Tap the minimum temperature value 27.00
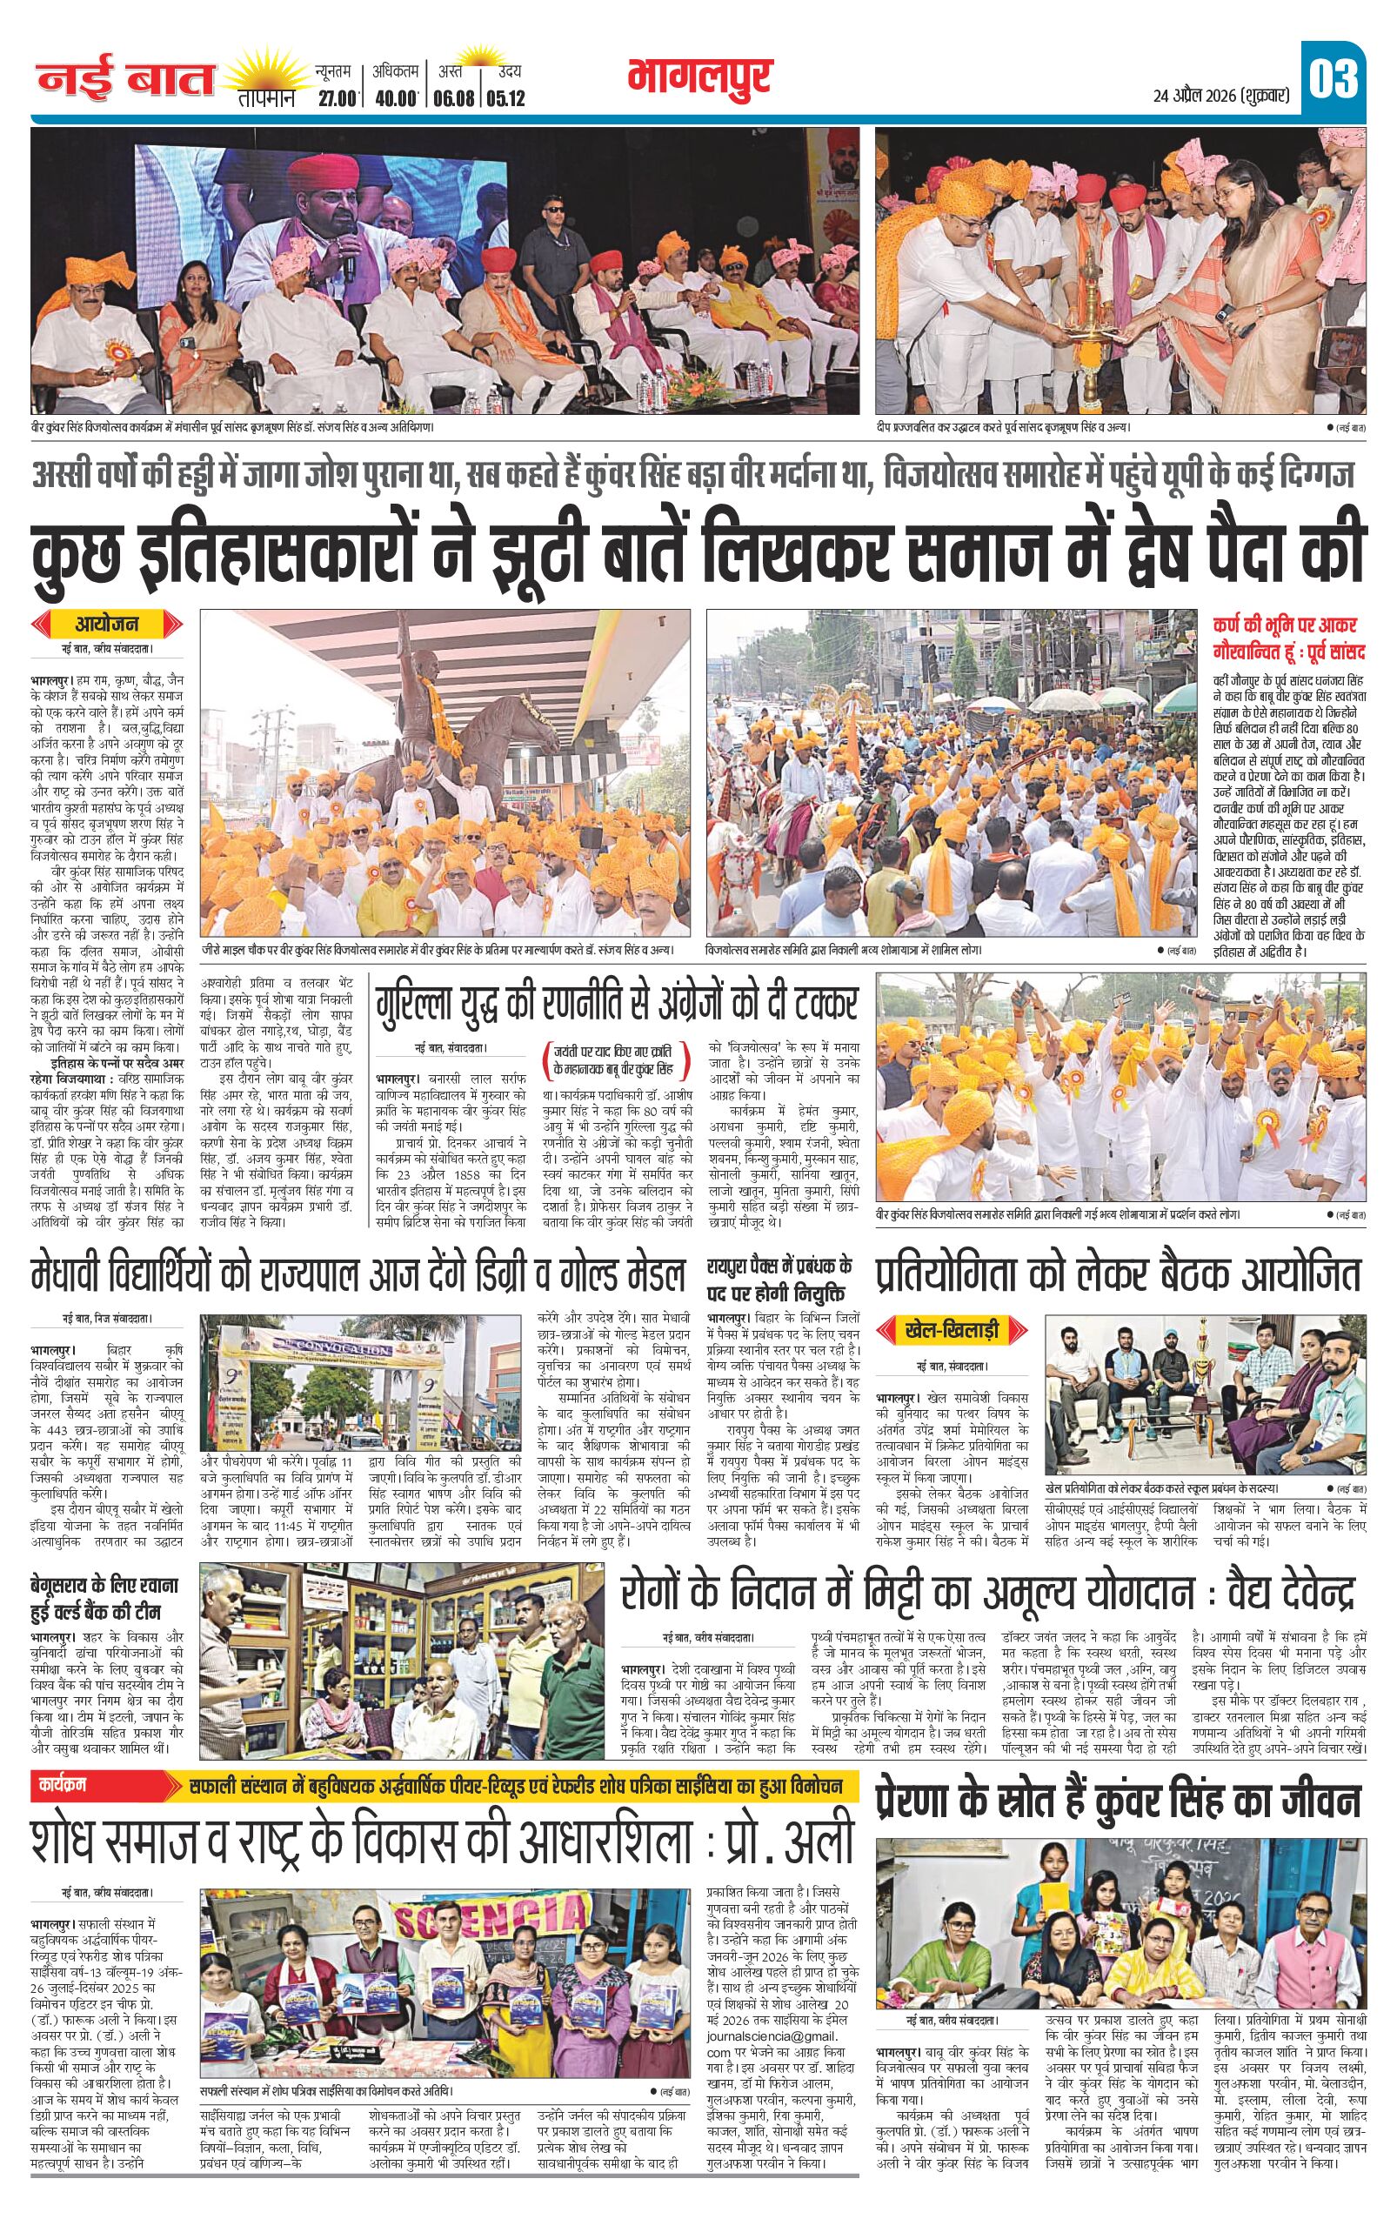click(x=338, y=98)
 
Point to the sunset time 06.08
click(x=452, y=98)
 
